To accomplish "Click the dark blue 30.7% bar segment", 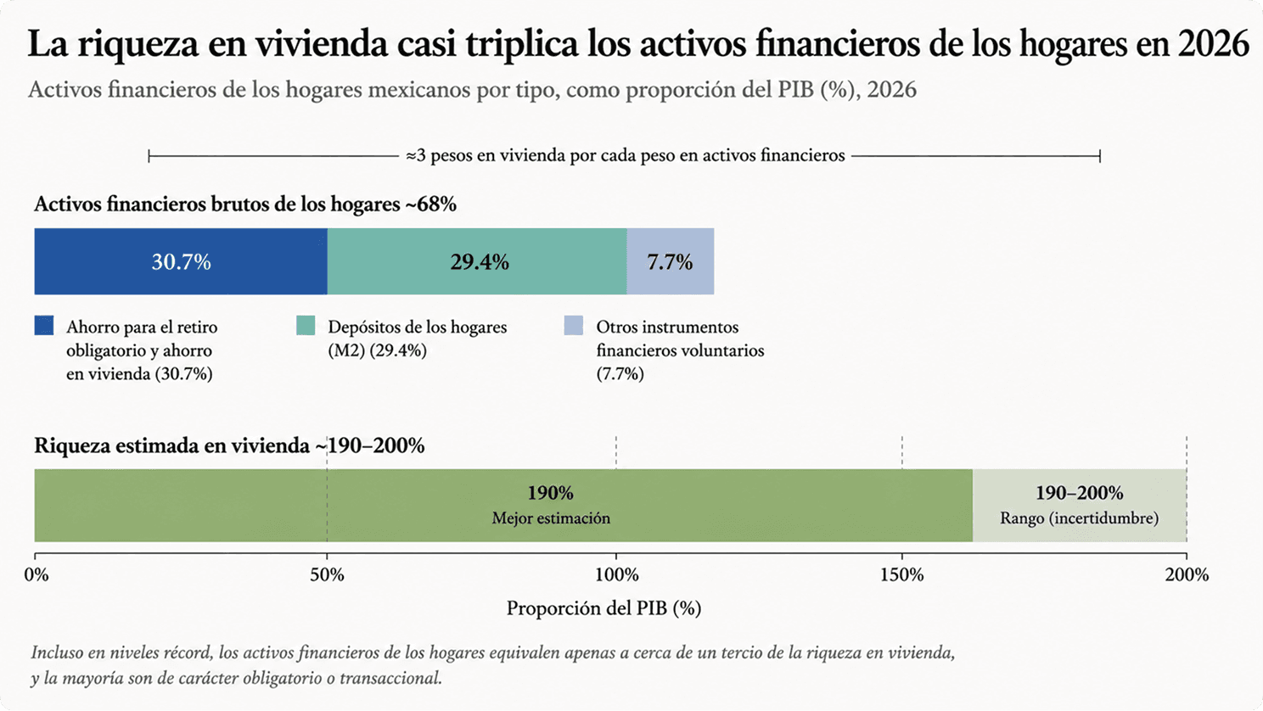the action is (x=181, y=261).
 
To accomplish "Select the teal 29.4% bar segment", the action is (x=477, y=261).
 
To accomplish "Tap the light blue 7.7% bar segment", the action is (x=671, y=261).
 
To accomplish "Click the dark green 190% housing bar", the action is (x=503, y=506).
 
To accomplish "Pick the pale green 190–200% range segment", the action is (x=1080, y=506).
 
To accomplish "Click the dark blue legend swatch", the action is (x=44, y=326).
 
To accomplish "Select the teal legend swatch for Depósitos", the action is (x=306, y=326).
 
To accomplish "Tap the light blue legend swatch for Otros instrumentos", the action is (x=574, y=326).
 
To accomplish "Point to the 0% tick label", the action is (x=36, y=575).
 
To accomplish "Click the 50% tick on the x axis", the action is (x=327, y=575).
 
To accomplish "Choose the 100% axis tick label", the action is (x=617, y=575).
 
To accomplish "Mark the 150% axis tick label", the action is (x=902, y=575).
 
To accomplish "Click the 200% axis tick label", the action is (x=1187, y=575).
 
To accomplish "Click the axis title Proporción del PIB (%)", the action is (x=603, y=608).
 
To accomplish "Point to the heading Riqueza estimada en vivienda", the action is (x=172, y=445).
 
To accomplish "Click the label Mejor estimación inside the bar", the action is (x=551, y=518).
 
